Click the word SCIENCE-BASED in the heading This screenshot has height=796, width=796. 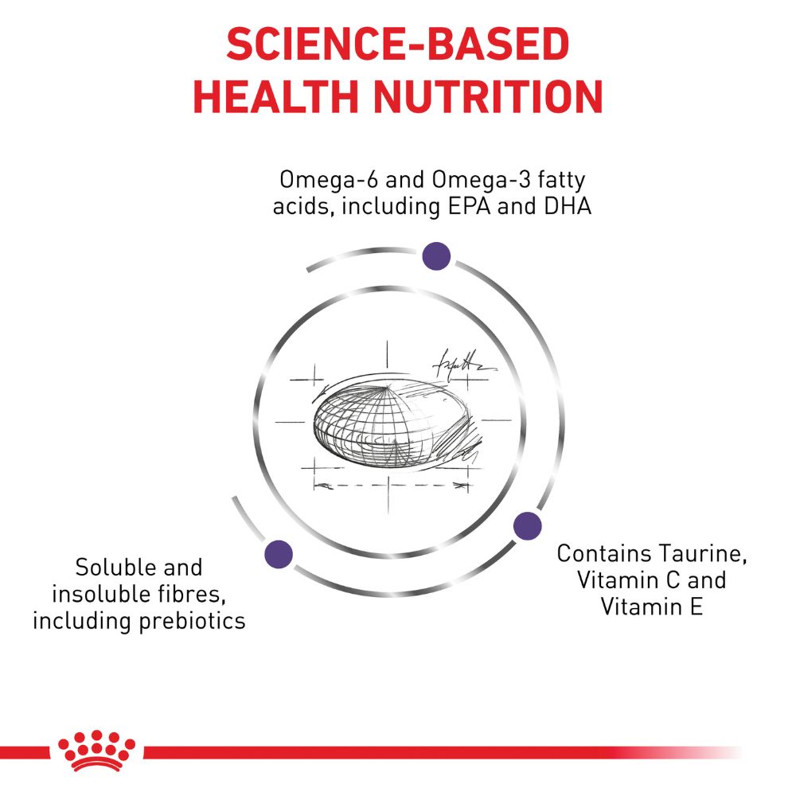397,44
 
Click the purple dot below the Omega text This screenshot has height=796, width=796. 436,256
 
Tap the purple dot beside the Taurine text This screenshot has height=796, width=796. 528,526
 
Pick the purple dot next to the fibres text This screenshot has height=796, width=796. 279,554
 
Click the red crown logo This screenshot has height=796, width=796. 96,751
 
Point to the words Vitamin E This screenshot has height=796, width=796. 652,607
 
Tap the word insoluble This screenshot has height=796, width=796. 93,594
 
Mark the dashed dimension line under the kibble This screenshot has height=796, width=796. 391,486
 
